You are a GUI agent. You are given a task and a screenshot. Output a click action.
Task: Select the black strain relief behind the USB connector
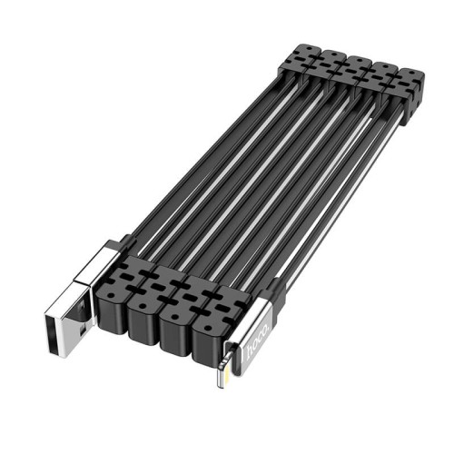point(123,243)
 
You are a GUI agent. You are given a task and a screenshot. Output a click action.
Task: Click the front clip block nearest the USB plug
point(119,292)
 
